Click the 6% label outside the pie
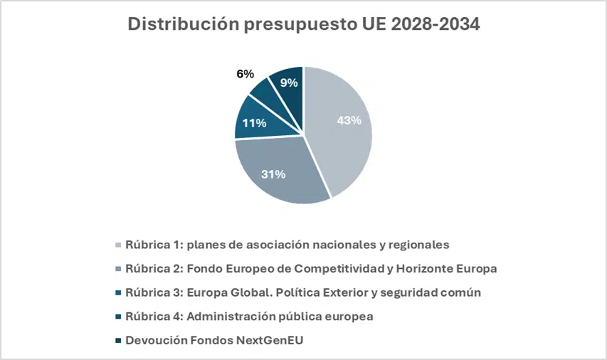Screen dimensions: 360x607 pyautogui.click(x=245, y=73)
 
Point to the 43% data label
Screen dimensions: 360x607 pyautogui.click(x=349, y=120)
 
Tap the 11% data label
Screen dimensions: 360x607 pyautogui.click(x=254, y=122)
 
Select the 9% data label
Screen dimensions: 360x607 pyautogui.click(x=289, y=83)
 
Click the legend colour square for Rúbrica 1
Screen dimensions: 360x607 pyautogui.click(x=117, y=245)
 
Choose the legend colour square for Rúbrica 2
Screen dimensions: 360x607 pyautogui.click(x=117, y=269)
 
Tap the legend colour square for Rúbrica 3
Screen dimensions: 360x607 pyautogui.click(x=117, y=292)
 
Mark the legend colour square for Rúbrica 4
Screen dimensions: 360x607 pyautogui.click(x=117, y=317)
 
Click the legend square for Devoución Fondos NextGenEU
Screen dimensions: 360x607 pyautogui.click(x=117, y=340)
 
